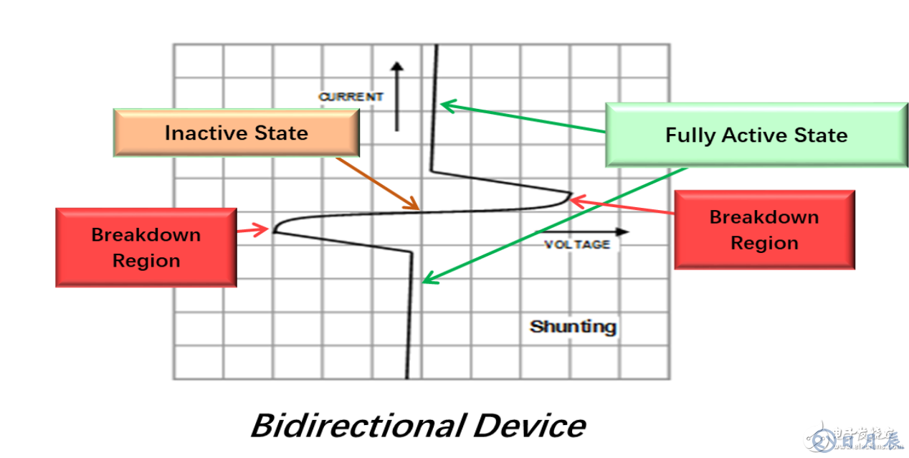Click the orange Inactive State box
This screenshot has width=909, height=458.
(236, 133)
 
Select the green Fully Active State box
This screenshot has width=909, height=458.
(756, 135)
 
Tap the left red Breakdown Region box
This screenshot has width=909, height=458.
(146, 247)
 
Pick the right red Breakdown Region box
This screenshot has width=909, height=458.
(764, 229)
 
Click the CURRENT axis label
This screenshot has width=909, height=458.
(351, 97)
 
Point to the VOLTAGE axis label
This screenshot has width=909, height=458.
(577, 244)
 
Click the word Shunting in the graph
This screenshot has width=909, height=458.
(573, 327)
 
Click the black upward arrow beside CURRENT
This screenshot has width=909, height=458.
(396, 96)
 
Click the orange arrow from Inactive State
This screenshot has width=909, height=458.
(377, 183)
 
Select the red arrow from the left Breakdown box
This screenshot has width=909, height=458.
(252, 229)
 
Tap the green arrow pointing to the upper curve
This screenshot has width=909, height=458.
(523, 118)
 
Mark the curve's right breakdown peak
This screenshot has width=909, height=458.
(570, 194)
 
